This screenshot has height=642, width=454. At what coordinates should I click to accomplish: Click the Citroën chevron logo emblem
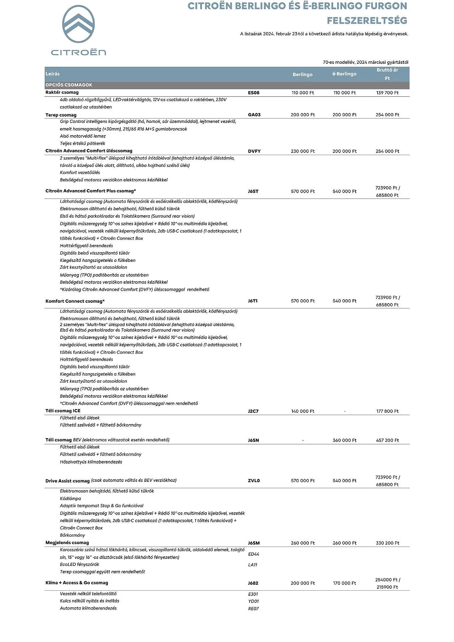[78, 24]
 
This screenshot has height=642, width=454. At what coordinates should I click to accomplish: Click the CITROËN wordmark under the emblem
[78, 52]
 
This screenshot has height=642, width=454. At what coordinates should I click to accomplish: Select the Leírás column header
[53, 74]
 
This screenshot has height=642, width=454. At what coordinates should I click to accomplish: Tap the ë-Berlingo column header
[344, 74]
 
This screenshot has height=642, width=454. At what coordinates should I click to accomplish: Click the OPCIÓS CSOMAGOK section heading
[69, 85]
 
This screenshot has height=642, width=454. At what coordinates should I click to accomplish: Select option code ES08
[254, 93]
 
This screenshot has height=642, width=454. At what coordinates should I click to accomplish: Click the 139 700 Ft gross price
[387, 93]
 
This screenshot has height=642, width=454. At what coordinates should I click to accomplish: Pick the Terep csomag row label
[61, 115]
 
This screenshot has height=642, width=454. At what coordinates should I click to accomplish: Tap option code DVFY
[254, 151]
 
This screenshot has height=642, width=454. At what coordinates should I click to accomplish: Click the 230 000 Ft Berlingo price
[302, 151]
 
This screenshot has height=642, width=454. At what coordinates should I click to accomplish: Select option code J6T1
[253, 301]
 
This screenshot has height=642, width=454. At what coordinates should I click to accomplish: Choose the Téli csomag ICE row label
[63, 411]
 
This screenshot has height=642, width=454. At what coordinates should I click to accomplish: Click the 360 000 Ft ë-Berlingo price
[345, 440]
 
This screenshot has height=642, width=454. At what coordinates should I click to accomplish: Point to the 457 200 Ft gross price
[387, 440]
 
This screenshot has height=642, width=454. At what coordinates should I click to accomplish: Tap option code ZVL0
[254, 481]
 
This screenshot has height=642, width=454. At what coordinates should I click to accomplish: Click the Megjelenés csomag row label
[67, 542]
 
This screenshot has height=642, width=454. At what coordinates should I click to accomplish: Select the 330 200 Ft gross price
[387, 543]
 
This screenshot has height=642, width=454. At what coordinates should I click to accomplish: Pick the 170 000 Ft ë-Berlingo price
[345, 583]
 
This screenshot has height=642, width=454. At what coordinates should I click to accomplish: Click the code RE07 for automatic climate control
[253, 609]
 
